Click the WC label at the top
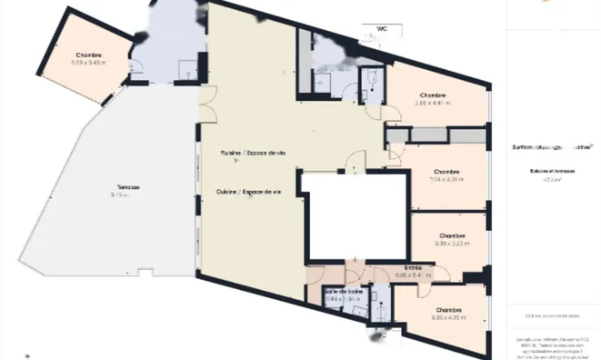pyautogui.click(x=371, y=28)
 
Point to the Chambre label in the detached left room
pyautogui.click(x=88, y=55)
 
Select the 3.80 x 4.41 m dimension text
pyautogui.click(x=433, y=104)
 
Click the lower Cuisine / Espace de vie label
pyautogui.click(x=248, y=192)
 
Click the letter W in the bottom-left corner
pyautogui.click(x=27, y=355)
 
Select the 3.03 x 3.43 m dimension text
pyautogui.click(x=88, y=63)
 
